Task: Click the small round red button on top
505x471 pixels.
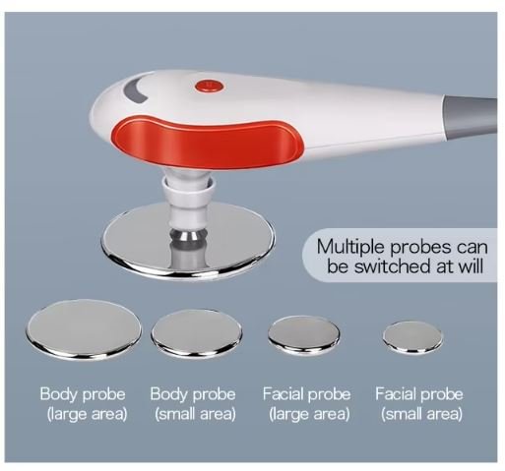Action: point(210,87)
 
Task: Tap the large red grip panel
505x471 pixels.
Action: point(209,144)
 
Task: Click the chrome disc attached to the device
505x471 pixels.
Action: point(187,242)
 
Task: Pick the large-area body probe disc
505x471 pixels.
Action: point(84,328)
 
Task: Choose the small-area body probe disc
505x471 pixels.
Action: point(197,333)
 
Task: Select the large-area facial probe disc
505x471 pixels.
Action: point(304,335)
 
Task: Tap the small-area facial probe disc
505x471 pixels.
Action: point(412,337)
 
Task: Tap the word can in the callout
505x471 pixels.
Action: point(473,248)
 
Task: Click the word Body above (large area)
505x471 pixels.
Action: point(59,394)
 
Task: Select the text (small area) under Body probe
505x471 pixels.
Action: point(195,414)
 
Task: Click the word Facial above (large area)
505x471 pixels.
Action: point(283,393)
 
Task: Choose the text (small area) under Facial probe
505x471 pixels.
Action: point(421,414)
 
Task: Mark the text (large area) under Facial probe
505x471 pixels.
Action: point(309,414)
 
